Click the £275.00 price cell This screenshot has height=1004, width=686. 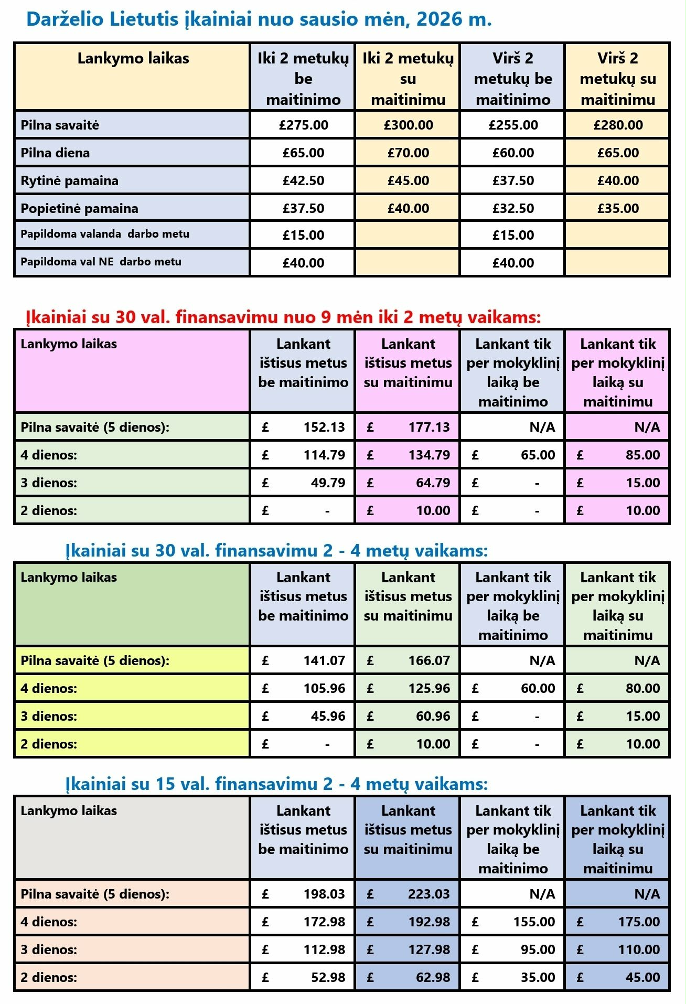(x=303, y=125)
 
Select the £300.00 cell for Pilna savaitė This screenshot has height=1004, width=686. (x=408, y=125)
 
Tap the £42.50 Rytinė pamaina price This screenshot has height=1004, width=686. (x=303, y=180)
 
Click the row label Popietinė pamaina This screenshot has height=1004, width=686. (x=79, y=208)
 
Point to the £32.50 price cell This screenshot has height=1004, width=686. (x=513, y=208)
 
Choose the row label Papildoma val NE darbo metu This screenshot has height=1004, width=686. (x=101, y=262)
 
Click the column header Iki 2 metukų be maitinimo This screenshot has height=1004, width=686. (x=303, y=79)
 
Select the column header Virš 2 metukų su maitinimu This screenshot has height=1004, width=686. (x=618, y=79)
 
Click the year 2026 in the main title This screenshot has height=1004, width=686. (x=440, y=19)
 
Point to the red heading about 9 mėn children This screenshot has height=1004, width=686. (x=283, y=317)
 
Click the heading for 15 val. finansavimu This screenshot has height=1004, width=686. (x=276, y=784)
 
